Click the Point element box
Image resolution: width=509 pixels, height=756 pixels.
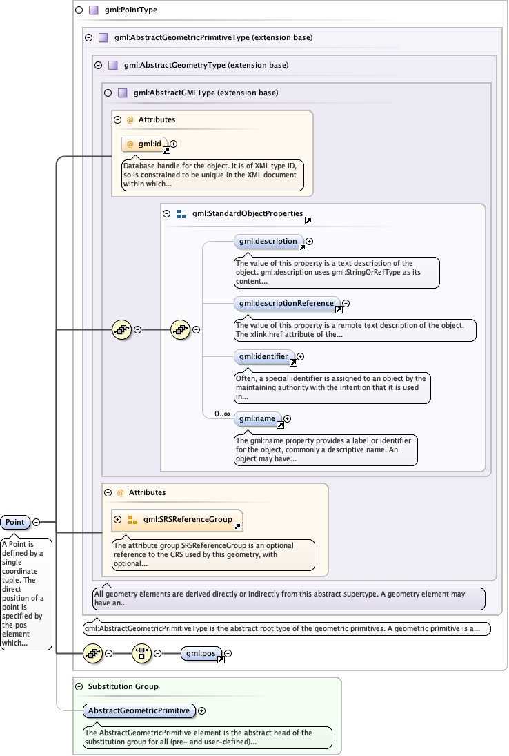(x=15, y=523)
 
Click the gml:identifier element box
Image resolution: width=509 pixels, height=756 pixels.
(x=264, y=357)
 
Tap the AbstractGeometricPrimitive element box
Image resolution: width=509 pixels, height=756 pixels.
(x=139, y=710)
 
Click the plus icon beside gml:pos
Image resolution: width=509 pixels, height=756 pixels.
(x=228, y=653)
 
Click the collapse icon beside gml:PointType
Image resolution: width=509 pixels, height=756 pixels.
(x=79, y=10)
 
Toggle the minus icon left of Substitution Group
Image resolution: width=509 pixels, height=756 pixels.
(x=79, y=686)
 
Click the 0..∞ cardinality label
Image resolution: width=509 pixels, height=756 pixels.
(x=221, y=414)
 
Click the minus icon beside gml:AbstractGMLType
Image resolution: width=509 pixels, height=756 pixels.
(x=108, y=93)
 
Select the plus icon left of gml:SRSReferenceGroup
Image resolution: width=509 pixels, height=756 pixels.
(x=118, y=519)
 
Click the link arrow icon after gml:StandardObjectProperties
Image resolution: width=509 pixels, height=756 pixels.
(x=308, y=220)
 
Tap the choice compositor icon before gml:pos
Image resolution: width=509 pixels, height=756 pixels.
(x=141, y=653)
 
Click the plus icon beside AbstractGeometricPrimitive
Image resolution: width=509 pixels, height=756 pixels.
(x=201, y=710)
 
